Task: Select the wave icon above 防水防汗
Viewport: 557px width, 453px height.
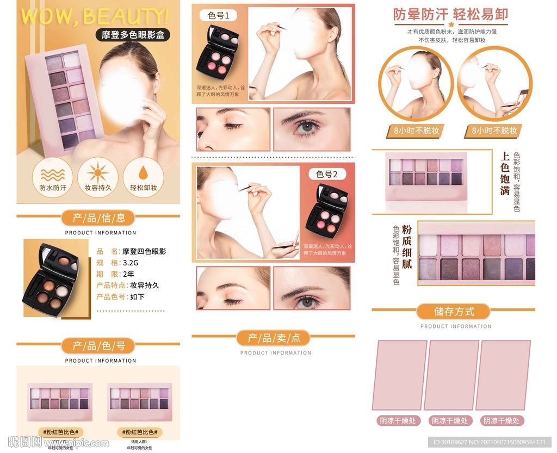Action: pos(52,173)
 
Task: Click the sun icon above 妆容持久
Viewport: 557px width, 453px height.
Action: pos(98,173)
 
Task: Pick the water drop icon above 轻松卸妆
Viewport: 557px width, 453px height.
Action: pos(144,173)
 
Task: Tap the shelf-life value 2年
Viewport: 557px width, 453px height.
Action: pos(129,274)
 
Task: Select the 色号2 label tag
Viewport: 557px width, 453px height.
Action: pos(327,174)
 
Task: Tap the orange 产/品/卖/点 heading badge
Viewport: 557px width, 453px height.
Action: pos(273,338)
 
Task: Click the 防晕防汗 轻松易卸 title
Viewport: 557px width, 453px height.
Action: pos(451,14)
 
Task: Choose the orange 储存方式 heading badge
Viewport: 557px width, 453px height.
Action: pos(453,312)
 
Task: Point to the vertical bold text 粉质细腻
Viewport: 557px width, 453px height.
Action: pos(407,247)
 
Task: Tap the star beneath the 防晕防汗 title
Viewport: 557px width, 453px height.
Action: pos(451,24)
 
